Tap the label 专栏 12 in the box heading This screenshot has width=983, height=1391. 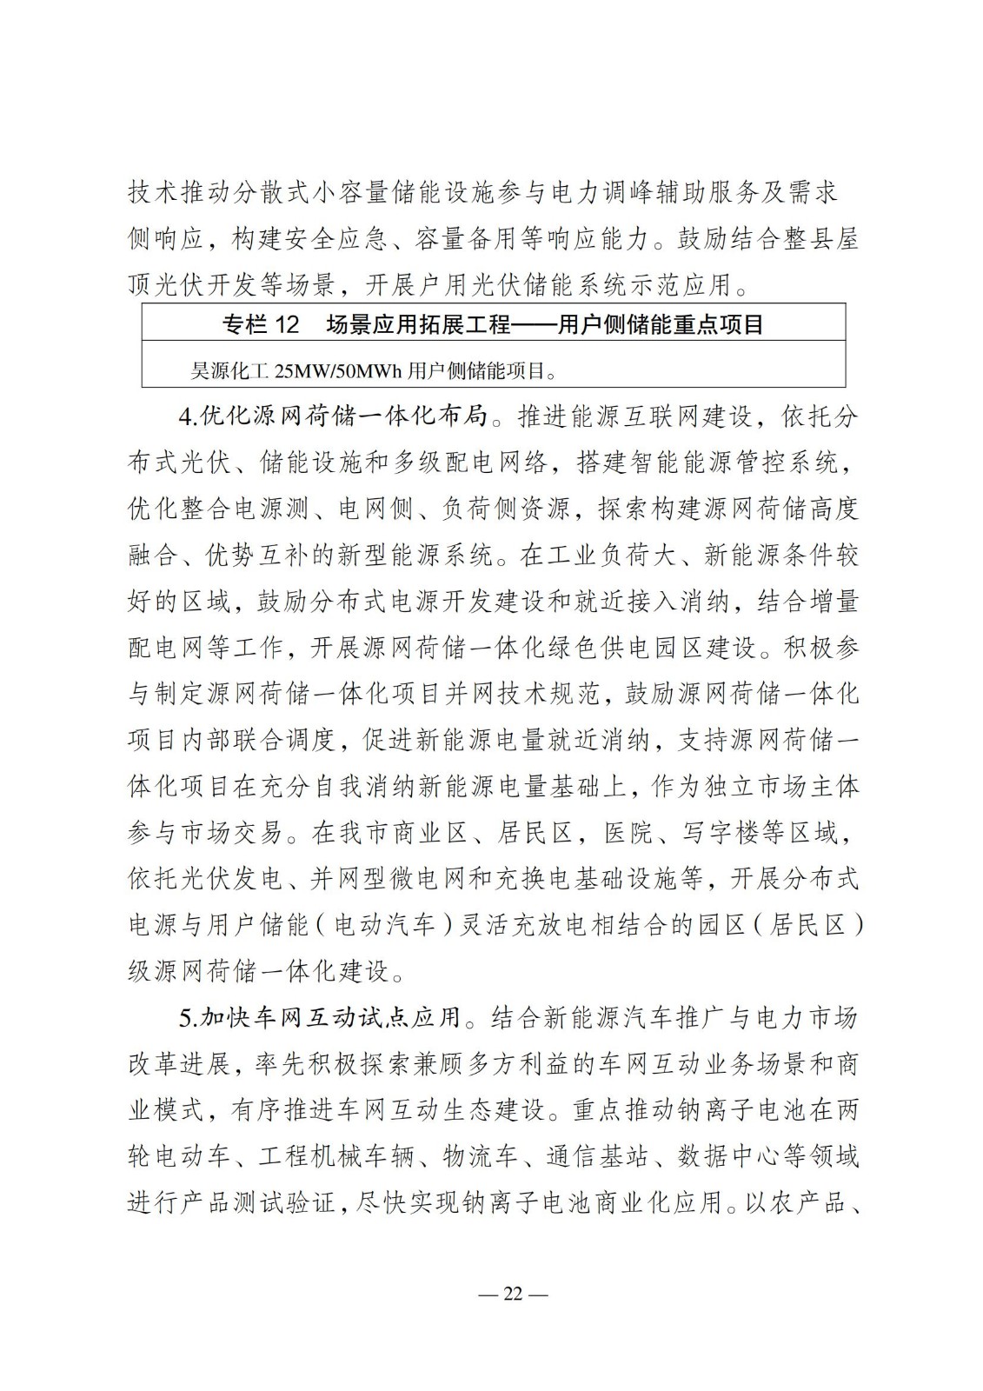click(261, 325)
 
